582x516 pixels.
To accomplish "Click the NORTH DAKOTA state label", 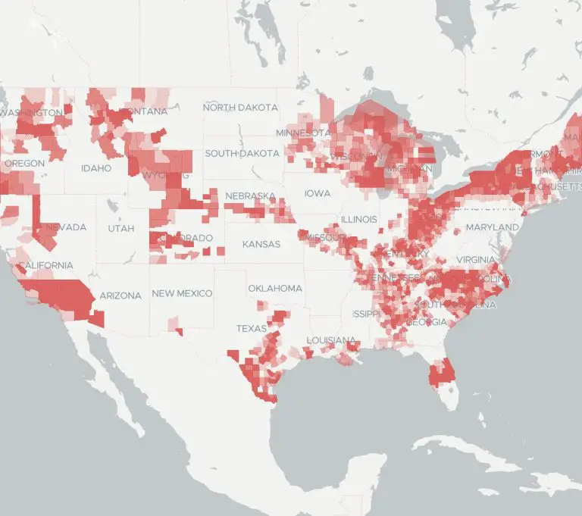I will tap(240, 108).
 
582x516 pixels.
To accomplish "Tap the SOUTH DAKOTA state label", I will tap(242, 153).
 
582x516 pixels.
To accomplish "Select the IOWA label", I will tap(318, 193).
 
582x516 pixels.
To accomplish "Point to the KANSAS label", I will tap(261, 244).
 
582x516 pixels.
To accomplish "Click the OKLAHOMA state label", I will tap(275, 288).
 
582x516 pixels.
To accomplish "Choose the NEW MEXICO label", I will tap(182, 293).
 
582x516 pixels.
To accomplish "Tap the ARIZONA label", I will tap(120, 296).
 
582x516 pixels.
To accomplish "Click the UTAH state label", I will tap(120, 227).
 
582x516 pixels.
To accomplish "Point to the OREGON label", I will tap(24, 163).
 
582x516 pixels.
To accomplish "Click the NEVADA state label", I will tap(66, 227).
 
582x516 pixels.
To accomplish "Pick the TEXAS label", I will tap(252, 329).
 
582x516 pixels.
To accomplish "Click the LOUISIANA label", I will tap(331, 339).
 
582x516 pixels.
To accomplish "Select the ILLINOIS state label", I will tap(358, 219).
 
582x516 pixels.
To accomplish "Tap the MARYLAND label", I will tap(493, 227).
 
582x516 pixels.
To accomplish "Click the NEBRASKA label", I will tap(251, 196).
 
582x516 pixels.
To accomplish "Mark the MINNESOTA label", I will tap(303, 133).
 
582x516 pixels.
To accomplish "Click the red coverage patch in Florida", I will tap(440, 374).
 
